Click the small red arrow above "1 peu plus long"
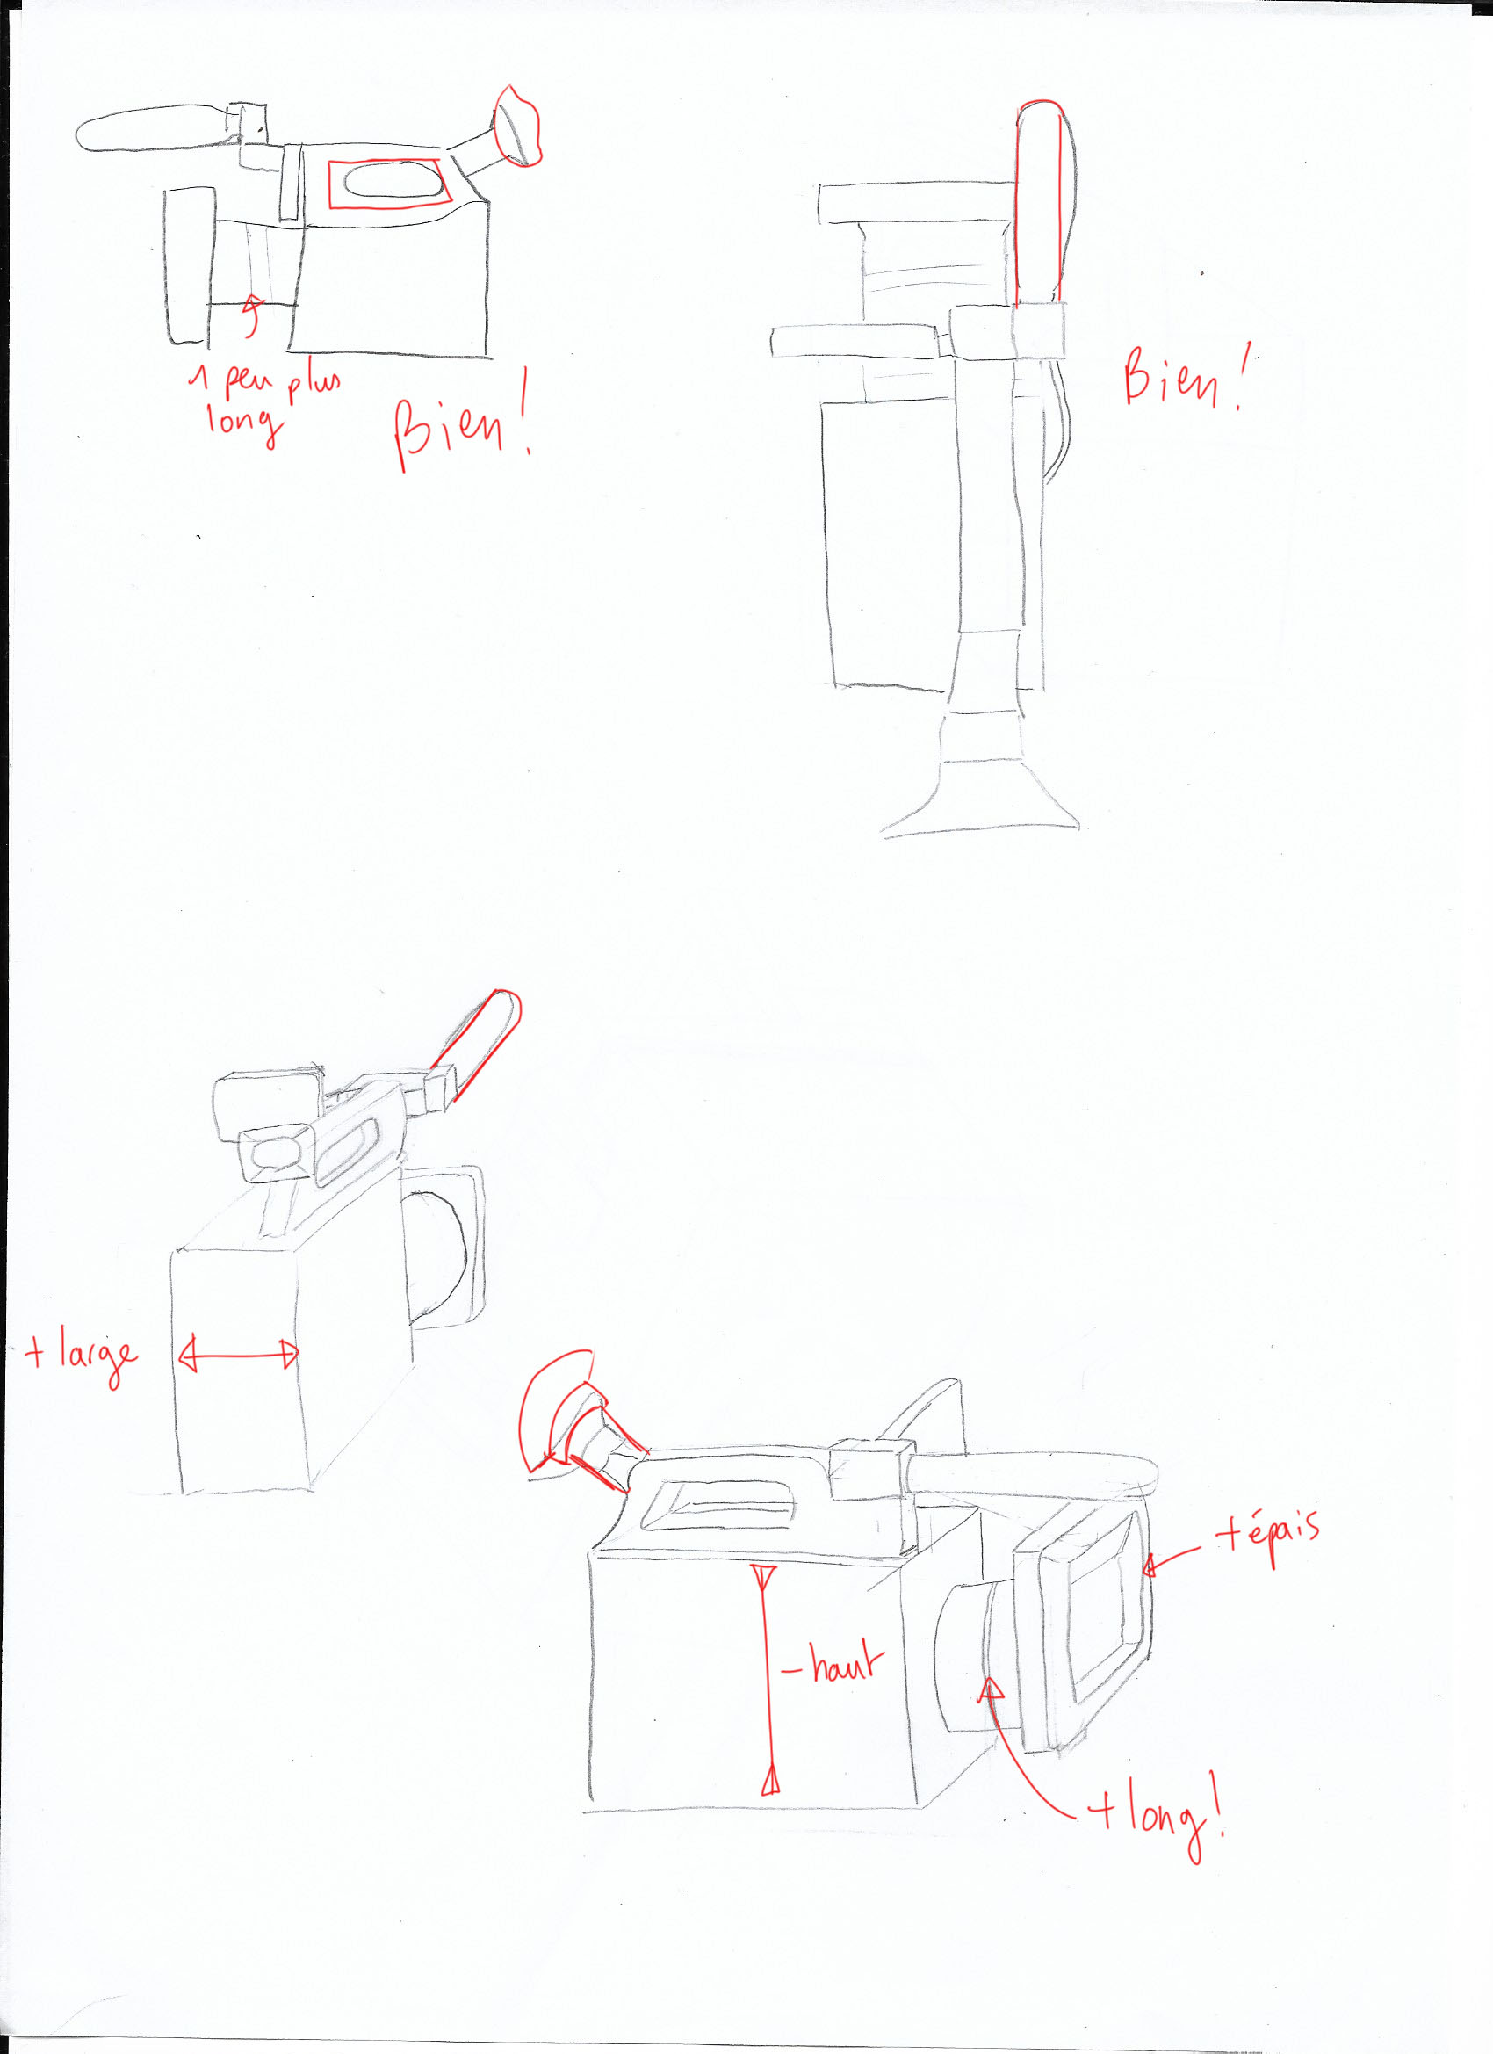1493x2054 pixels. tap(253, 316)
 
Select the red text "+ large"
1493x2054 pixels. tap(83, 1356)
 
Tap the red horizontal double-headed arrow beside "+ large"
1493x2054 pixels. tap(239, 1356)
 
